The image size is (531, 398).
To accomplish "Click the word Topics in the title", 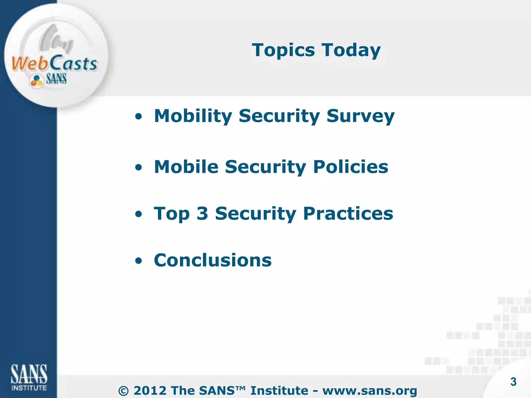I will (x=283, y=50).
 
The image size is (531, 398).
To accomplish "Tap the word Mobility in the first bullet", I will (x=193, y=116).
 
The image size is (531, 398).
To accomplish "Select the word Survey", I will (x=360, y=116).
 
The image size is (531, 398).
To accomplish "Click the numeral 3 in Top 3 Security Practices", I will (x=202, y=214).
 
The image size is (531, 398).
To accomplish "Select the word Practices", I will (x=348, y=214).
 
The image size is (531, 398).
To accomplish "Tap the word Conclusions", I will (x=213, y=260).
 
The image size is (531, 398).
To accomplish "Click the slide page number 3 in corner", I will (x=513, y=382).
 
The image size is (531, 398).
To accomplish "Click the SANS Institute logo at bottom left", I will (x=29, y=377).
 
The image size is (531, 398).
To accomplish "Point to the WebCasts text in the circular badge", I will (x=54, y=63).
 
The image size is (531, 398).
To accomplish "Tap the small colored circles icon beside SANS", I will (x=36, y=80).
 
